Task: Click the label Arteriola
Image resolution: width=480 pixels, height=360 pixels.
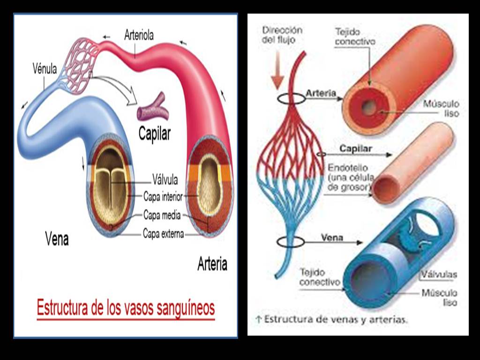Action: point(139,35)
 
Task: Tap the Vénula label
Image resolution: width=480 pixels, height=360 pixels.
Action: point(45,69)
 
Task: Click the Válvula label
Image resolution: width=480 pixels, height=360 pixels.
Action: point(165,179)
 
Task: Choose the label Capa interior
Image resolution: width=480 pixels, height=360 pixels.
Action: point(163,197)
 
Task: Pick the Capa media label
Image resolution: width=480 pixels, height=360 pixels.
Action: point(162,216)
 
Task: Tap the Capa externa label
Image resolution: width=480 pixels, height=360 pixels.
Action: point(163,233)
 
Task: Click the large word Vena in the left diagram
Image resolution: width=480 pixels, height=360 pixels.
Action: point(57,240)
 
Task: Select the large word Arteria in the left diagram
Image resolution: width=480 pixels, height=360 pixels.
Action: point(212,264)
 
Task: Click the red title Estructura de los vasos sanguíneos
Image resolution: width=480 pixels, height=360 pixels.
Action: point(126,308)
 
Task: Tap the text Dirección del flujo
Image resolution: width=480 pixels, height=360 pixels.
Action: point(282,35)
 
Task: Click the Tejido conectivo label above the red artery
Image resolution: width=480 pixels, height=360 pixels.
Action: point(355,37)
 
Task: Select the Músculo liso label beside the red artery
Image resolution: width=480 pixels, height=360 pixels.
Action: point(440,108)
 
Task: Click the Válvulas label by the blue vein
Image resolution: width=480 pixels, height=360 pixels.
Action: point(439,275)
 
